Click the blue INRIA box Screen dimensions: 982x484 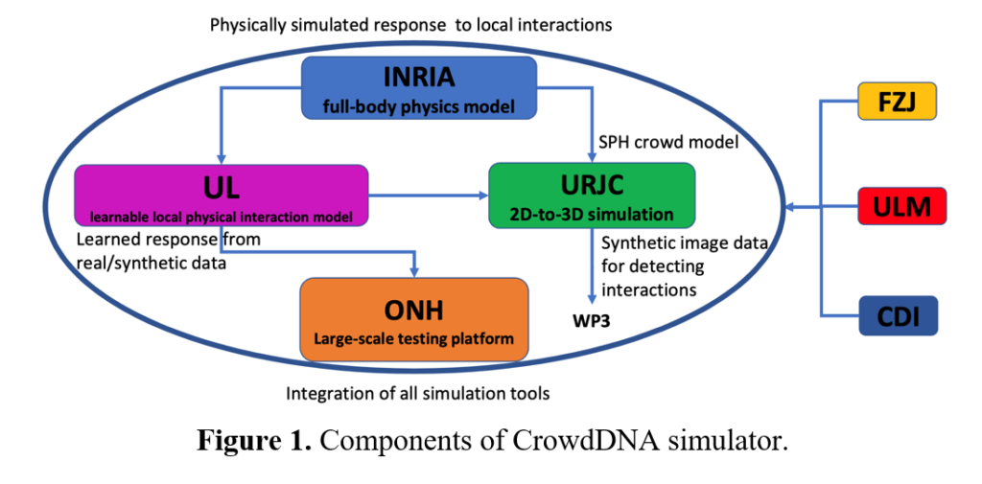[419, 87]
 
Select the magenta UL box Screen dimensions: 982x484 [221, 195]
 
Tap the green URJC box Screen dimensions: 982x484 [592, 195]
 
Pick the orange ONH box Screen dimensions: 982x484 [414, 319]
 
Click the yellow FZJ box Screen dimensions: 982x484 [897, 101]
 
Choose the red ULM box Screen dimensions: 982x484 [900, 205]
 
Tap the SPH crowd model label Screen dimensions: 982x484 [668, 142]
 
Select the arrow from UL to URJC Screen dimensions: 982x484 [428, 196]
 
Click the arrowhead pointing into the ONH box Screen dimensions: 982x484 [414, 272]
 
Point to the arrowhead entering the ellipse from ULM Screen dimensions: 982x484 [790, 206]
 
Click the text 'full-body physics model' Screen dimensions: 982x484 [418, 107]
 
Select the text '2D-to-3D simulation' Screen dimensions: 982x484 [592, 214]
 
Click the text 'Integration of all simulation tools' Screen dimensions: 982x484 [418, 395]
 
